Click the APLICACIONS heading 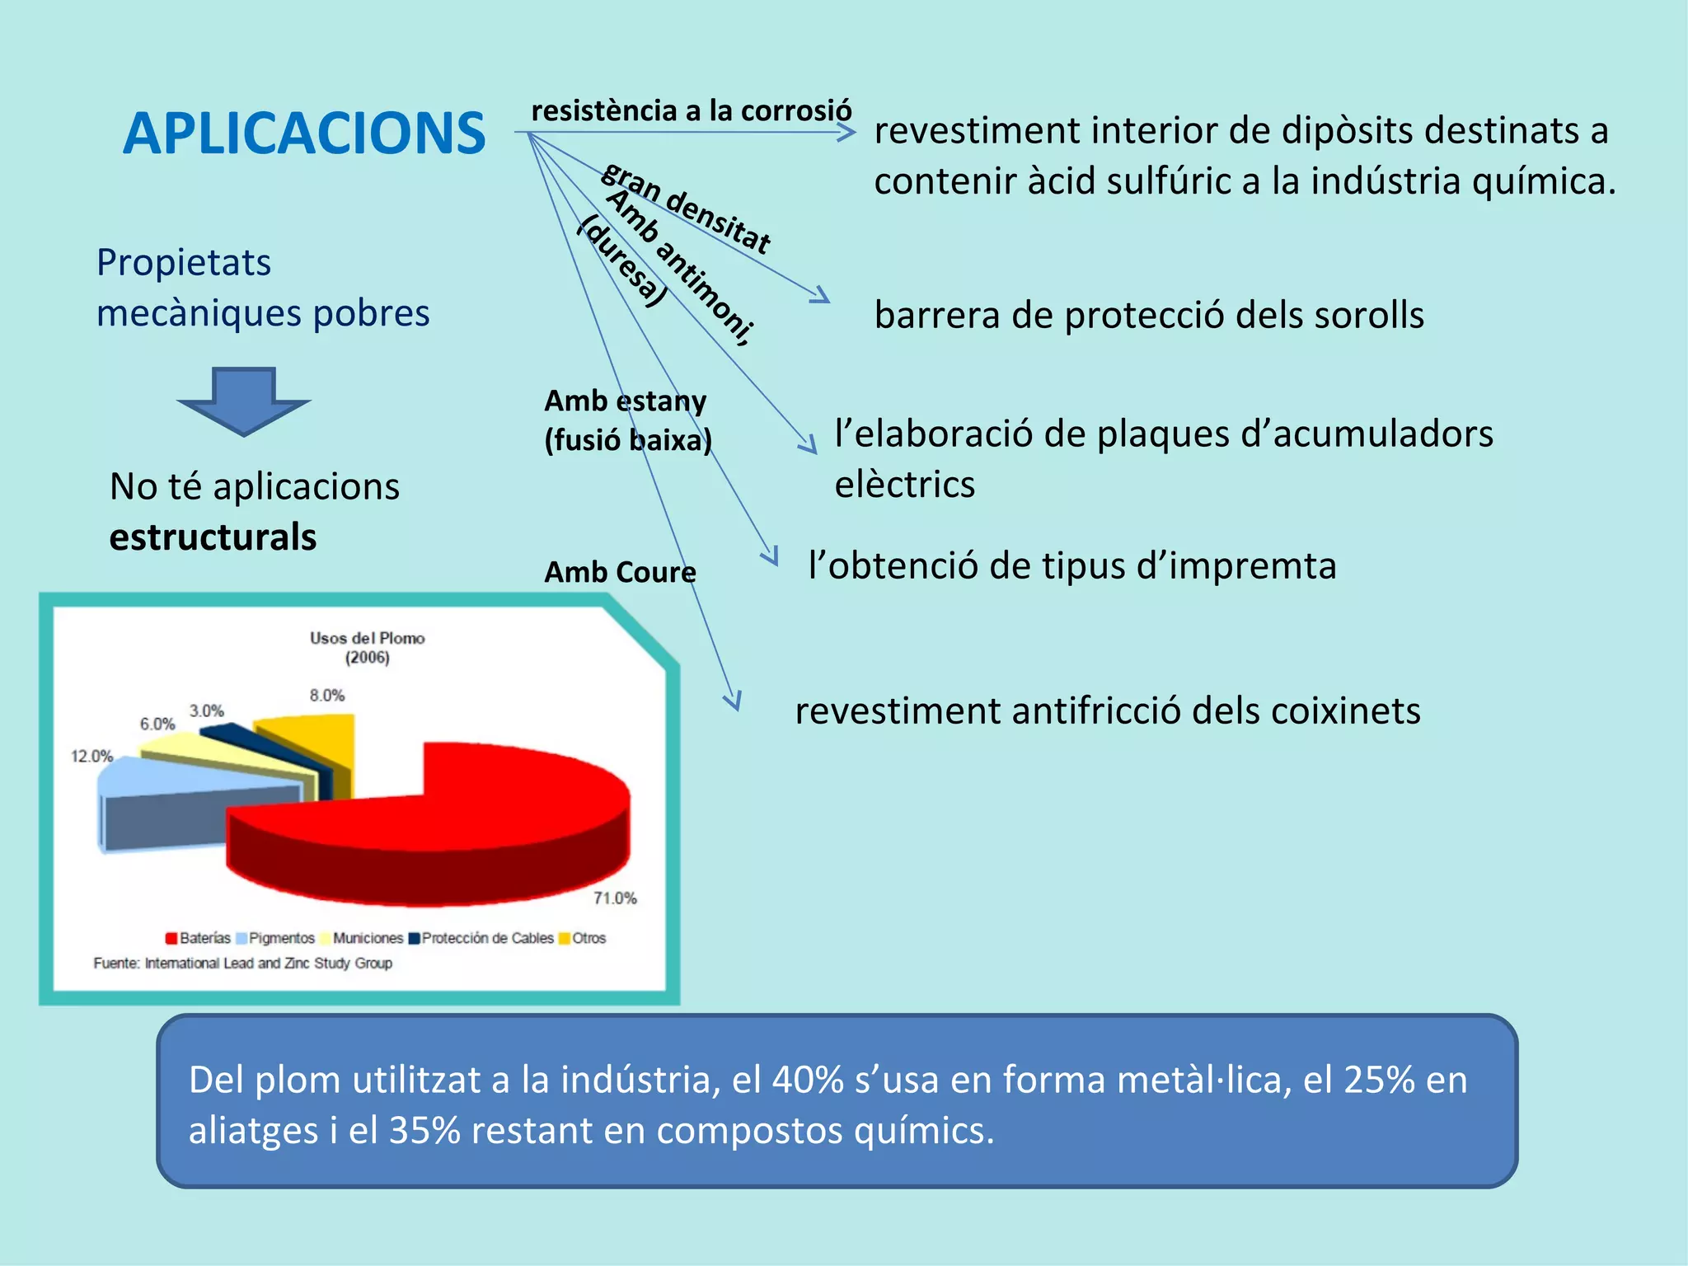click(304, 134)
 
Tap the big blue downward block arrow click(243, 400)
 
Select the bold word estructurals click(213, 537)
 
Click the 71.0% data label click(615, 898)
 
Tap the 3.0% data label click(206, 710)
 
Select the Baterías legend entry click(199, 938)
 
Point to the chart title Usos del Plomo click(367, 638)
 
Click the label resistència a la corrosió click(692, 110)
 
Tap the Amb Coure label click(620, 572)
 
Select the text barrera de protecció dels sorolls click(1149, 315)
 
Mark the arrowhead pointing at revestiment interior click(847, 132)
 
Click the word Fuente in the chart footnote click(115, 963)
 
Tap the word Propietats click(183, 263)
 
